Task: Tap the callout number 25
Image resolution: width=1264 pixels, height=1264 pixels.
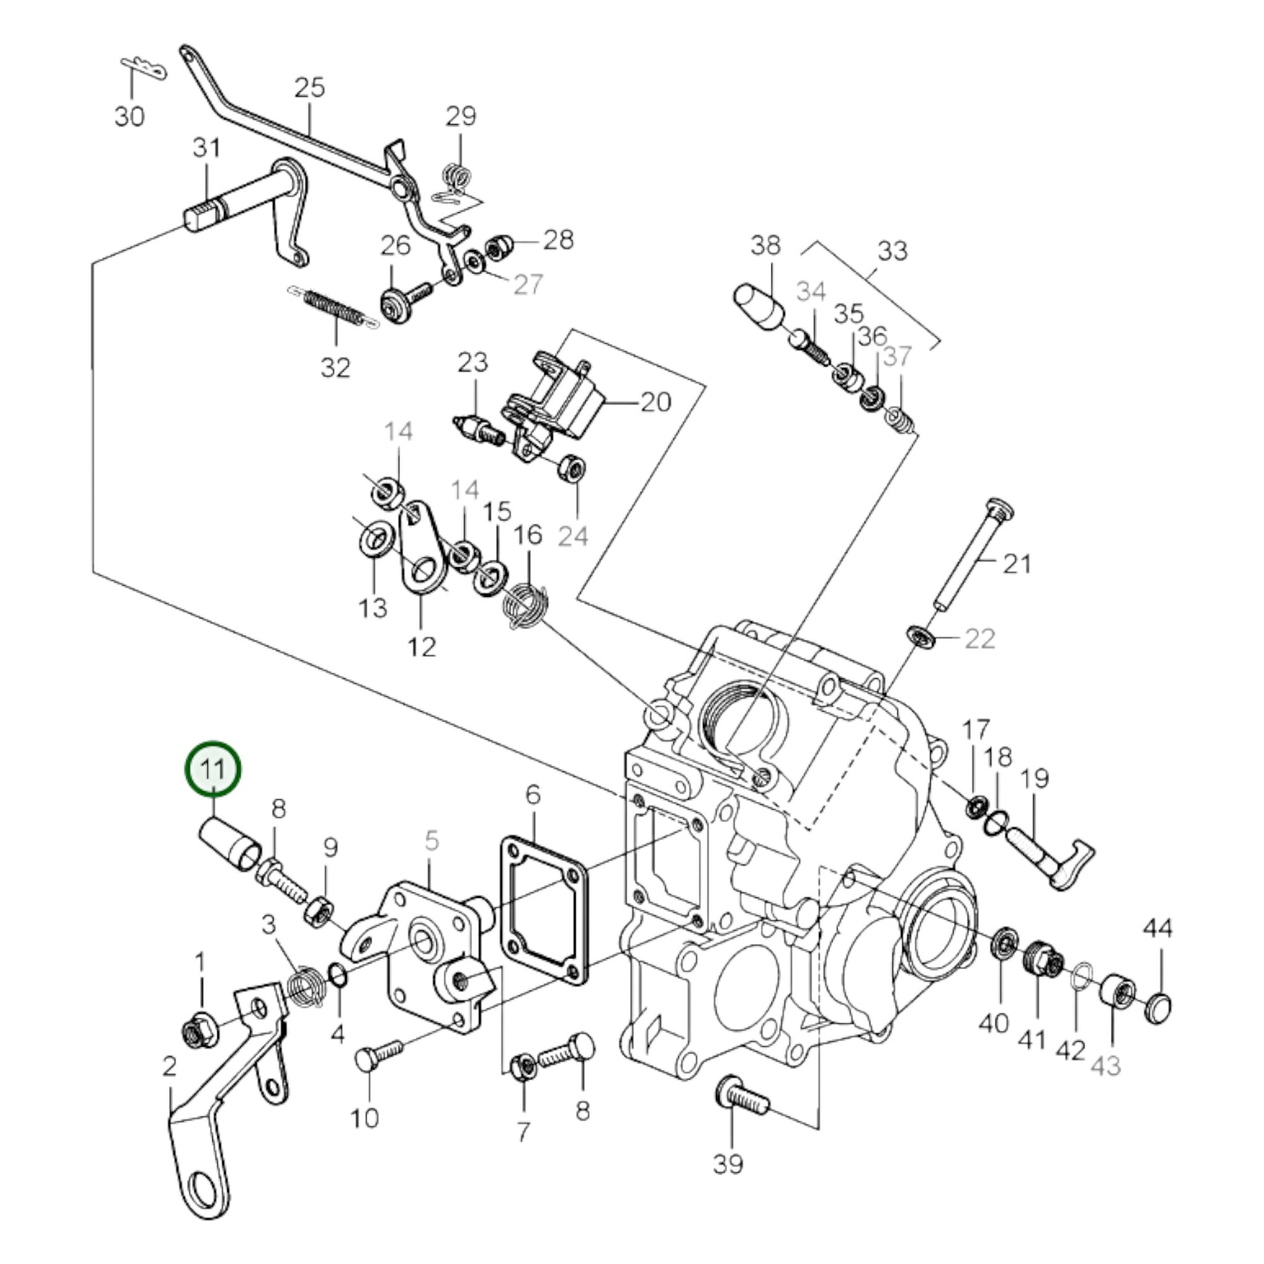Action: point(309,87)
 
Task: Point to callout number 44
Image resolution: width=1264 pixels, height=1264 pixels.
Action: point(1158,928)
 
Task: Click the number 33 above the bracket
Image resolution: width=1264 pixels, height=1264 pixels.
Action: point(892,251)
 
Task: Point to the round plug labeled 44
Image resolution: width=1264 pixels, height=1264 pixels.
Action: point(1159,1005)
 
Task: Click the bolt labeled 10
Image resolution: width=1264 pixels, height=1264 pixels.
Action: point(378,1057)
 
